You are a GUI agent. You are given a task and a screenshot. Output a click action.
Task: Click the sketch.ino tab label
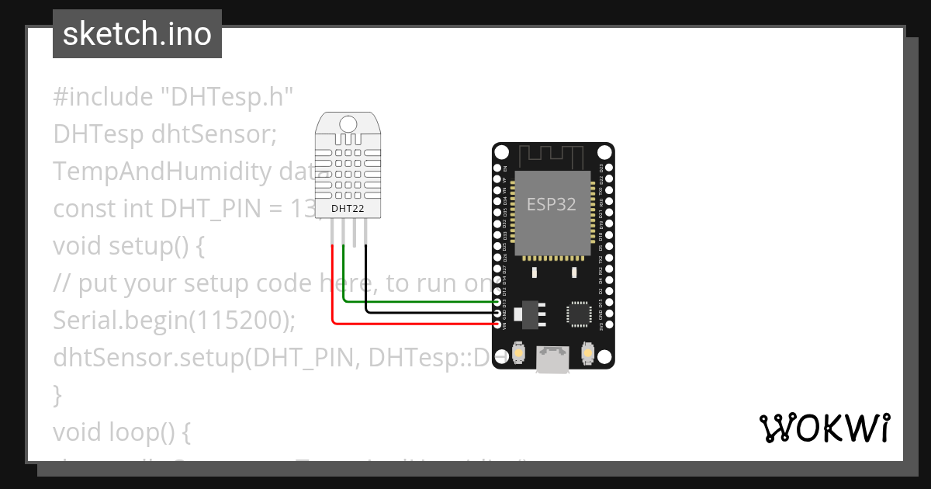[137, 34]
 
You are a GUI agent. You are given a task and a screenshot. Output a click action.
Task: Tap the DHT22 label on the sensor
[348, 208]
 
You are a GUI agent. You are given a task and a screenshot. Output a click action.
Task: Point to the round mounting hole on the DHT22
[348, 123]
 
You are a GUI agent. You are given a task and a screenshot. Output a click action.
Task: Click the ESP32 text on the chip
[552, 204]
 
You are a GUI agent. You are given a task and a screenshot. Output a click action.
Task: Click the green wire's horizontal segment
[419, 301]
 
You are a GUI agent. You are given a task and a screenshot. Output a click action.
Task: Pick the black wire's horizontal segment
[431, 312]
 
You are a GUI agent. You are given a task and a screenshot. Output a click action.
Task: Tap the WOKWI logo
[824, 428]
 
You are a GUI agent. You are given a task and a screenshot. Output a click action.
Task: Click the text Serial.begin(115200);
[175, 320]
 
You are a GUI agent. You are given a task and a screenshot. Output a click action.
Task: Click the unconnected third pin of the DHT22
[355, 234]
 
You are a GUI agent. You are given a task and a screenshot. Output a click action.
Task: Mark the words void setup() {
[128, 246]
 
